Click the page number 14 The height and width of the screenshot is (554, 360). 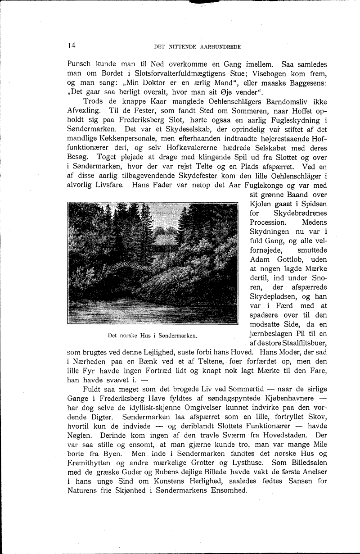click(x=71, y=45)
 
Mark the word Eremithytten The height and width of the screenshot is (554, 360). click(x=92, y=463)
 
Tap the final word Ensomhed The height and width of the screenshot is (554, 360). click(x=226, y=491)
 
